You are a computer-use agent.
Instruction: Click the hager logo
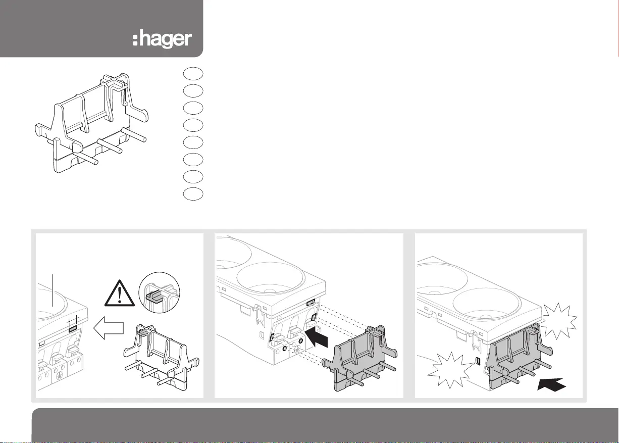click(162, 39)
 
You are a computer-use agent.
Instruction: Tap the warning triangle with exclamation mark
click(119, 292)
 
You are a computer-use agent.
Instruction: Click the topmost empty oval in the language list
click(192, 73)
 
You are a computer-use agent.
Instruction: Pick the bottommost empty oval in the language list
click(192, 193)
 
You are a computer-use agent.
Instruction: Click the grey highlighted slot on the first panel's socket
click(73, 328)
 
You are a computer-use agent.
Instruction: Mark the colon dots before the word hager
click(135, 39)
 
